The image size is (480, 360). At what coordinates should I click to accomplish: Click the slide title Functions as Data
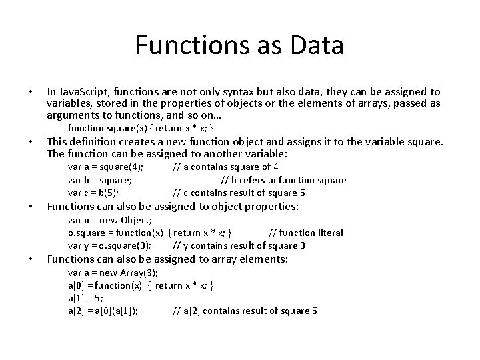(x=239, y=45)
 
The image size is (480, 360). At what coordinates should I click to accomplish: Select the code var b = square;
(x=100, y=180)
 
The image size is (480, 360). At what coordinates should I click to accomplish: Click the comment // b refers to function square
(x=284, y=180)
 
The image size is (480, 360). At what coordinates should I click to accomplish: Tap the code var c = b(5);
(x=94, y=193)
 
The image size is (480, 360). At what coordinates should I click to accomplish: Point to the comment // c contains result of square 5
(x=239, y=193)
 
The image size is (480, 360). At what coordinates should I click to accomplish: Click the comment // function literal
(x=305, y=233)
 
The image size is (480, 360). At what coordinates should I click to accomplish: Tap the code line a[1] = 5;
(x=85, y=298)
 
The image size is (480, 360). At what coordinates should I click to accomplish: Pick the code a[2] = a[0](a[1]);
(x=103, y=311)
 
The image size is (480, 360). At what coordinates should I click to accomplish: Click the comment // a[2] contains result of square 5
(x=245, y=311)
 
